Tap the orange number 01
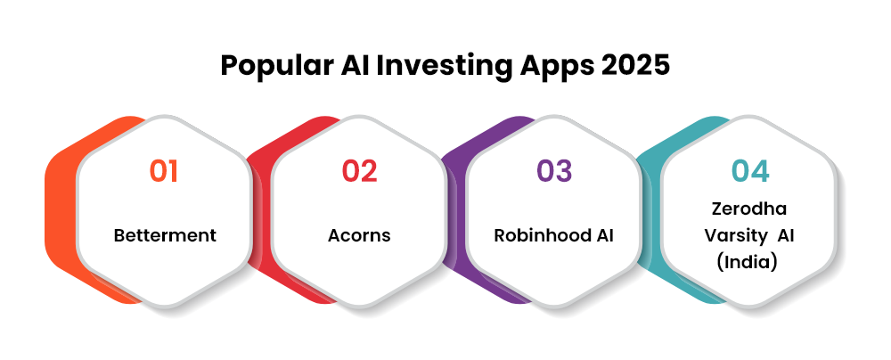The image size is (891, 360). click(164, 171)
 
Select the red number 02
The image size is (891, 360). click(359, 171)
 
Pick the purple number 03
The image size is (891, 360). click(554, 171)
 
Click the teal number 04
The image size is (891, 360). click(750, 171)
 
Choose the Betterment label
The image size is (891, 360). click(165, 235)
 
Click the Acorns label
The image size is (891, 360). click(359, 235)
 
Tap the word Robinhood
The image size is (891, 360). click(541, 235)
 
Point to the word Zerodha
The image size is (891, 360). click(749, 209)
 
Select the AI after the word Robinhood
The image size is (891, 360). click(604, 235)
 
